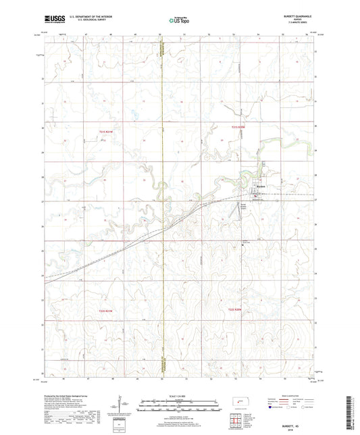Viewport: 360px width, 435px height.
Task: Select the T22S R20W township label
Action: click(234, 309)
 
